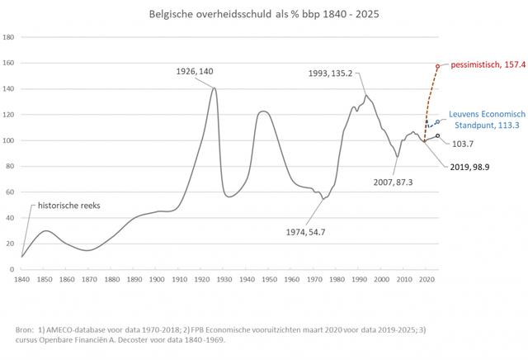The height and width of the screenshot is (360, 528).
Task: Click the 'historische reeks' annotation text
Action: click(65, 206)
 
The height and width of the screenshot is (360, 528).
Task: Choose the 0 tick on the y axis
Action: click(12, 269)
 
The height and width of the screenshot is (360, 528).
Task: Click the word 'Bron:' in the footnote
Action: click(26, 329)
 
